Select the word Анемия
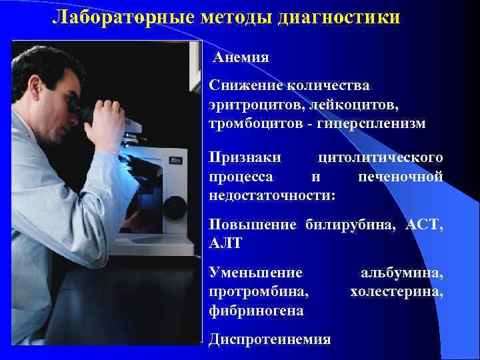[241, 57]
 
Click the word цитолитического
[381, 157]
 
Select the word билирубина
[349, 225]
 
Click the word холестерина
[396, 291]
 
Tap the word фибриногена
[256, 311]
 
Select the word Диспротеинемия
[269, 339]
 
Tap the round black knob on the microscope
[175, 205]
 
